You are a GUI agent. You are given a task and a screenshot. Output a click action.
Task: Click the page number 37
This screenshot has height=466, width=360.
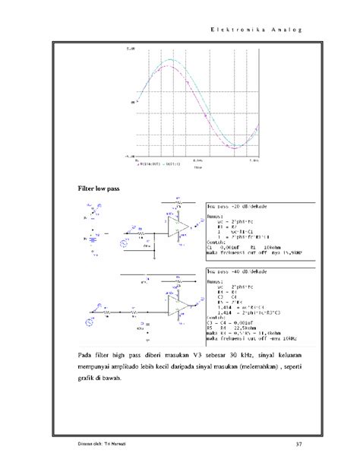point(298,444)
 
